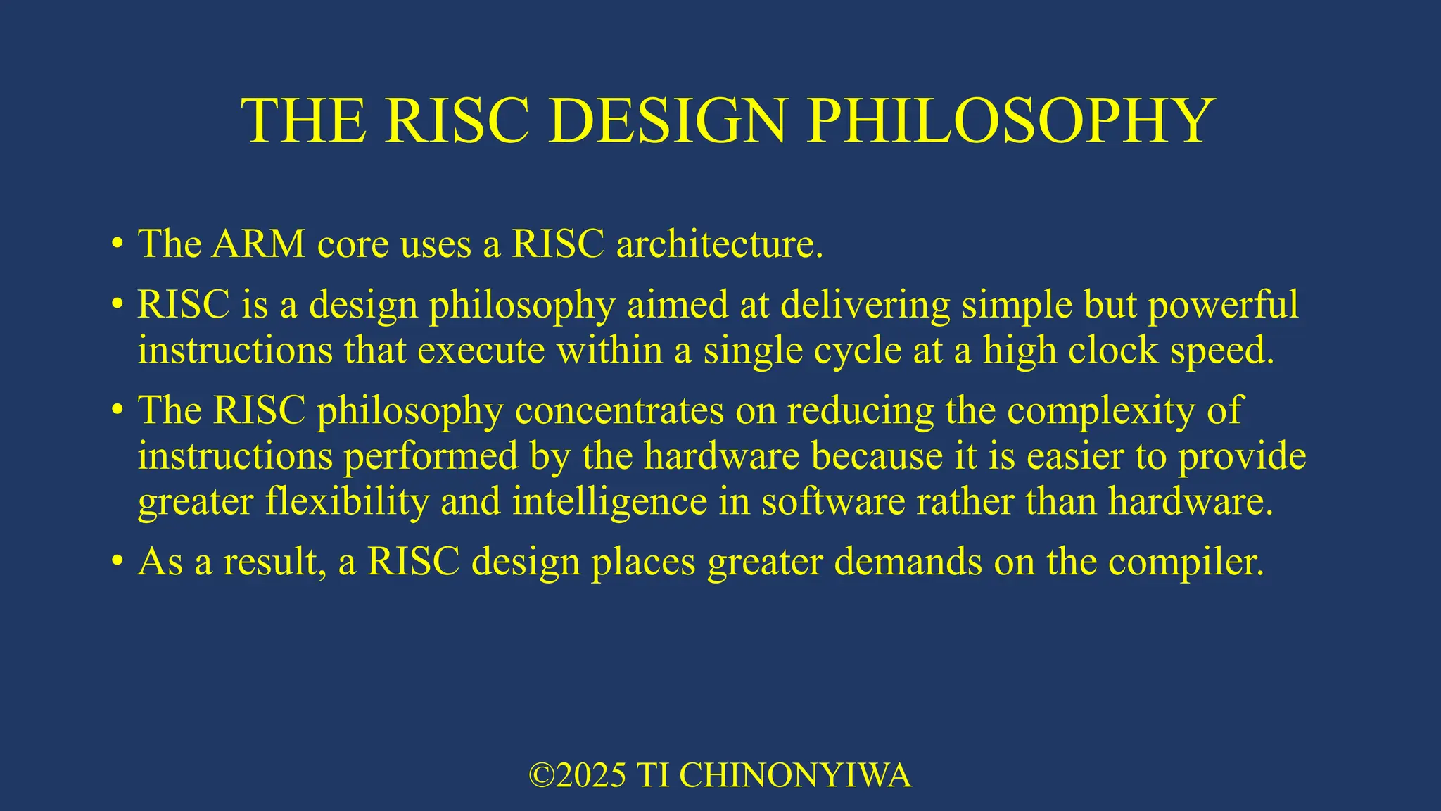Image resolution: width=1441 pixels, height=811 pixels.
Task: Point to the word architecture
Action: click(x=719, y=244)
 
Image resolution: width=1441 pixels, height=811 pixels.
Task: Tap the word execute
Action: click(x=481, y=350)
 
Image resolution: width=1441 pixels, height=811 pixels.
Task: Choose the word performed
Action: click(x=431, y=456)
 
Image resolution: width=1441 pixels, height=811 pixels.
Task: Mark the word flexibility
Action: click(x=347, y=502)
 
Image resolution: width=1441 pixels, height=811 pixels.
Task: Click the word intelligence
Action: click(x=609, y=502)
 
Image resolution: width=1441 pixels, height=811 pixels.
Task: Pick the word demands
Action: click(x=908, y=561)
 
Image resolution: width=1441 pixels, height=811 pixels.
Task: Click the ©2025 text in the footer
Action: click(x=577, y=775)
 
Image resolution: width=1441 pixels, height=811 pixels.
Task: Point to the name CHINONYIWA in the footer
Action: click(x=795, y=775)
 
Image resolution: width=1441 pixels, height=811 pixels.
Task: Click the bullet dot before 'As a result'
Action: click(x=118, y=562)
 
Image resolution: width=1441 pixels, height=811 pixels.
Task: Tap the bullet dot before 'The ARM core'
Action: click(x=118, y=244)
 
